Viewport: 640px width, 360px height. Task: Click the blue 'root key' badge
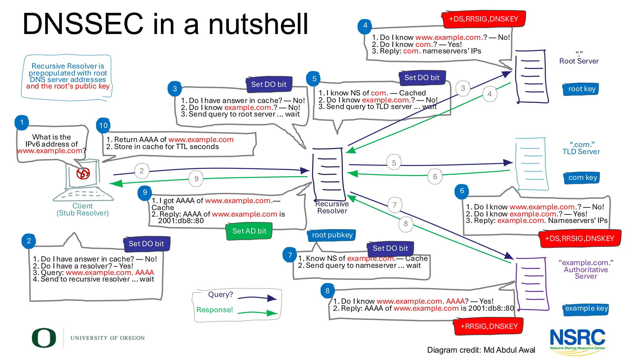point(581,89)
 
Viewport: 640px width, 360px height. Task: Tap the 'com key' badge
point(582,178)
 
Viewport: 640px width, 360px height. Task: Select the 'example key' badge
point(586,309)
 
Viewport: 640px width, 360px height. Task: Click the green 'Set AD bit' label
point(249,231)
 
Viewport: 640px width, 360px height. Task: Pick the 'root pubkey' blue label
point(332,235)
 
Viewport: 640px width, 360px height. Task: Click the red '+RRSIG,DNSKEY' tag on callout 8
point(489,327)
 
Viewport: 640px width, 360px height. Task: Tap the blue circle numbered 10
point(103,126)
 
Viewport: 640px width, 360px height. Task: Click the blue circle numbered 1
point(22,122)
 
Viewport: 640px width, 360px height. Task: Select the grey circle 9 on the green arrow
point(196,179)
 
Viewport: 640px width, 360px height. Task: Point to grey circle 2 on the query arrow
point(142,171)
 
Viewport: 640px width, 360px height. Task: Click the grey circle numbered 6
point(435,177)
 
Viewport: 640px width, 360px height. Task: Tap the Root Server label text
point(579,61)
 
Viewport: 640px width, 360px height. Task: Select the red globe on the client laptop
point(83,173)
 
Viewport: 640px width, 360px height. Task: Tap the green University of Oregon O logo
point(44,338)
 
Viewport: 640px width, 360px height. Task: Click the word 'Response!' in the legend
point(215,310)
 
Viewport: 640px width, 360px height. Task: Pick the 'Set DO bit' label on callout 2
point(146,244)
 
